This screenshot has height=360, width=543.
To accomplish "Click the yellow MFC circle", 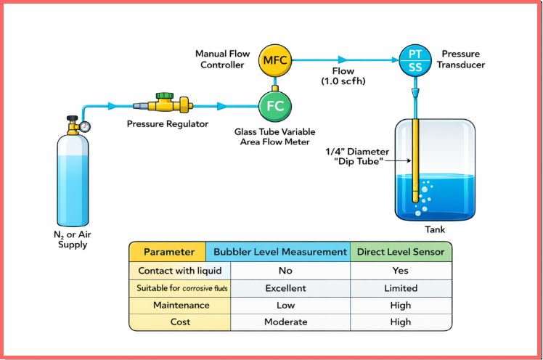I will (x=274, y=60).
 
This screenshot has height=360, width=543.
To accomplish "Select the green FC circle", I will (x=274, y=106).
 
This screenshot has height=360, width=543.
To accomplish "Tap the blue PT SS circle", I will (x=415, y=60).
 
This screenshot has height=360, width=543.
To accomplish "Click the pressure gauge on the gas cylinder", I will (x=86, y=126).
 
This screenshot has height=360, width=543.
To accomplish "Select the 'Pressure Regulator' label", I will (x=168, y=124).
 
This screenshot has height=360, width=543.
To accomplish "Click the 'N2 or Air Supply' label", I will (x=73, y=239).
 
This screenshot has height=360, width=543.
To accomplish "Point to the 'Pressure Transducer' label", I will (x=461, y=60).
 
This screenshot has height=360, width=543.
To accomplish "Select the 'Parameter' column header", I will (x=168, y=252).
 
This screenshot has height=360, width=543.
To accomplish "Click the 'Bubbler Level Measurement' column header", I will (x=279, y=252).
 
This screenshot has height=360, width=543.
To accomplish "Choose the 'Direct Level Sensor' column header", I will (x=400, y=252).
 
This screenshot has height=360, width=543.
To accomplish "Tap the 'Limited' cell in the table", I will (x=400, y=288).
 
